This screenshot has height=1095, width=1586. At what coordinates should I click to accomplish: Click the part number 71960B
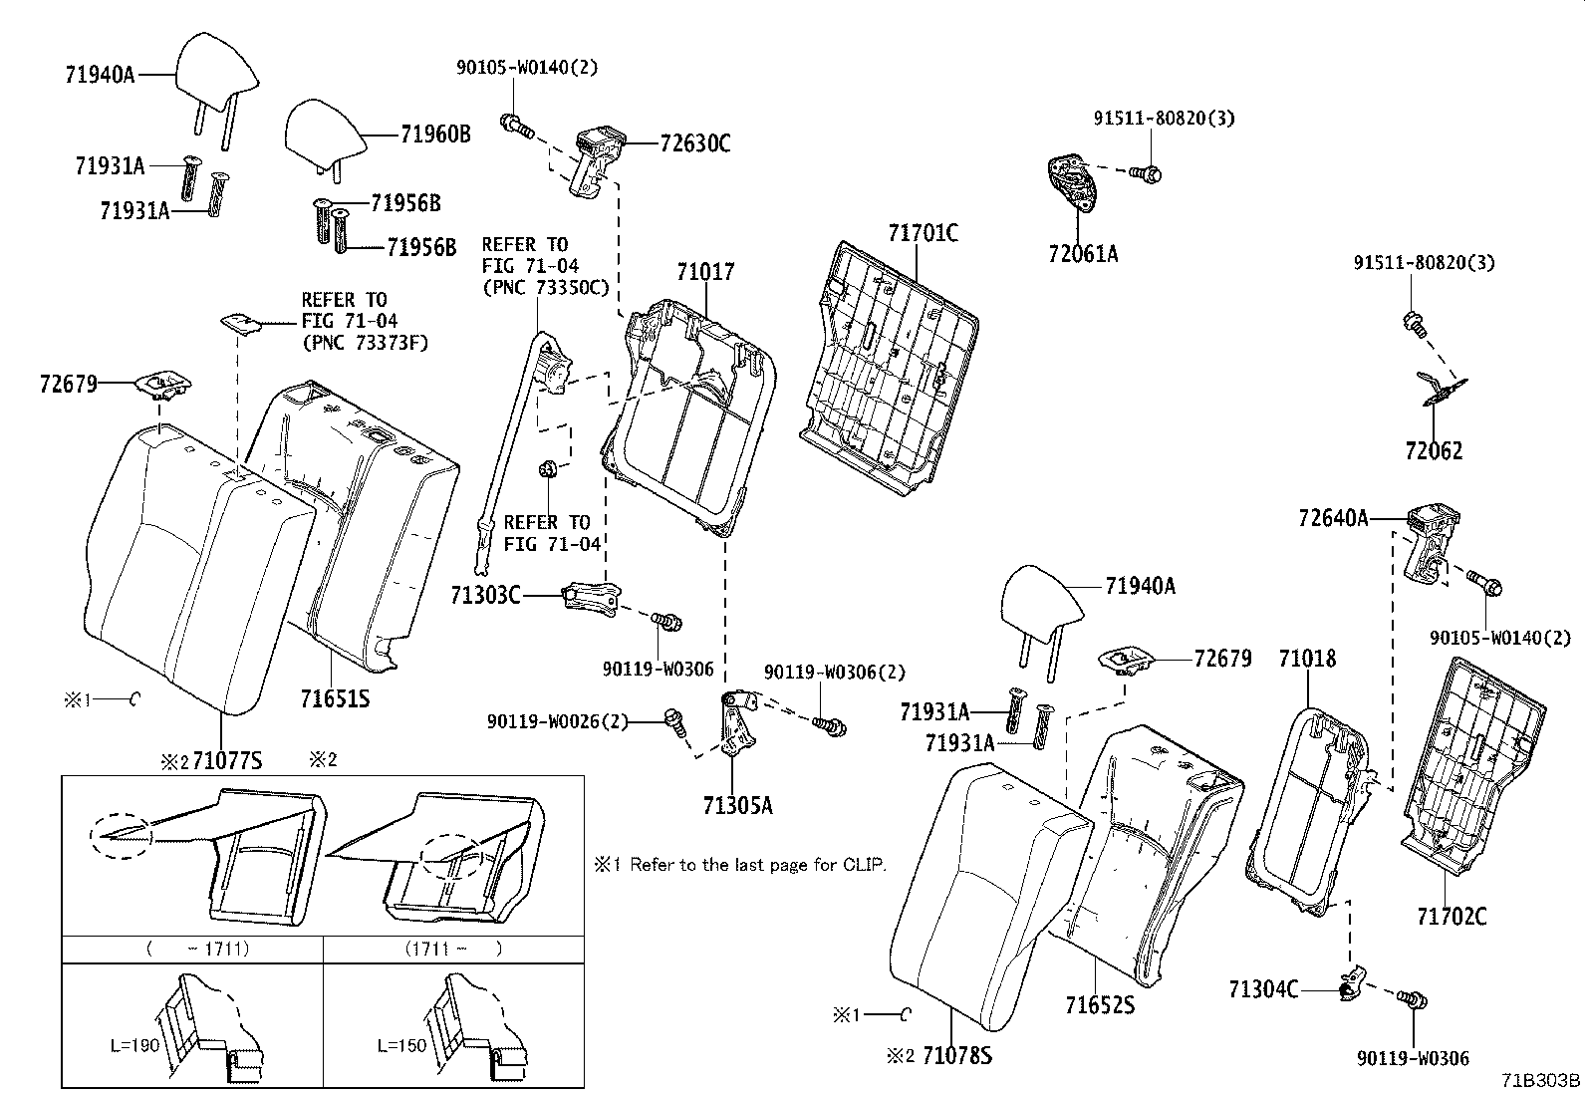pyautogui.click(x=435, y=135)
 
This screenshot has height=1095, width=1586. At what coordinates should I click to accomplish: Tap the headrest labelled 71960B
pyautogui.click(x=321, y=133)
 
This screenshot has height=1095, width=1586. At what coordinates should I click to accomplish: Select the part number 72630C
pyautogui.click(x=694, y=143)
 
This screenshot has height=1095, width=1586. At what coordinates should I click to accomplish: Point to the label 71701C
pyautogui.click(x=923, y=234)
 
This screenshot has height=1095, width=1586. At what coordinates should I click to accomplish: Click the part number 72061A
pyautogui.click(x=1082, y=254)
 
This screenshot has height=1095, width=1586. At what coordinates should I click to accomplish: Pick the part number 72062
pyautogui.click(x=1434, y=451)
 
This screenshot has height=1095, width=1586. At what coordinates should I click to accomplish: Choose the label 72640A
pyautogui.click(x=1333, y=518)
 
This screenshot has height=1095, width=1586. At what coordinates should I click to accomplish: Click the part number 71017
pyautogui.click(x=705, y=271)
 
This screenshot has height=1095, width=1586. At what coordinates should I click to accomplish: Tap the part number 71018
pyautogui.click(x=1307, y=659)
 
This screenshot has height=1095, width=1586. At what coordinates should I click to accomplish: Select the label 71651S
pyautogui.click(x=335, y=698)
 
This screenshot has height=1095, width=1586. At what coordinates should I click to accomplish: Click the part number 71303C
pyautogui.click(x=485, y=596)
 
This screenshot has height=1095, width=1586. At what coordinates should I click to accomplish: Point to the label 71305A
pyautogui.click(x=737, y=805)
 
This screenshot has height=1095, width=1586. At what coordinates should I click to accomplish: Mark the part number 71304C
pyautogui.click(x=1263, y=989)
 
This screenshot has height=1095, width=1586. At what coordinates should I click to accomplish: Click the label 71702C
pyautogui.click(x=1452, y=916)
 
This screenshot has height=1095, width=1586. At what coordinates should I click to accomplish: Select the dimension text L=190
pyautogui.click(x=135, y=1046)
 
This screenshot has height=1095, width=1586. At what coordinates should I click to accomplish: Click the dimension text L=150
pyautogui.click(x=401, y=1046)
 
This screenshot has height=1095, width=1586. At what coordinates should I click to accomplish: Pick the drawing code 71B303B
pyautogui.click(x=1541, y=1081)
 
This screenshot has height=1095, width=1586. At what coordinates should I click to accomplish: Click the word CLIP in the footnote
pyautogui.click(x=865, y=865)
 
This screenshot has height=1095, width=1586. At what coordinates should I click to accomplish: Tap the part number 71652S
pyautogui.click(x=1099, y=1004)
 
